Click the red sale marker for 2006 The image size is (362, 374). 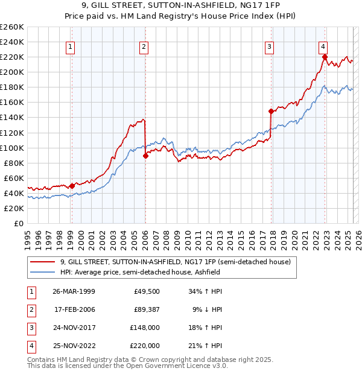[145, 156]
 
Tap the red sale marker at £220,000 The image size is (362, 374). [325, 57]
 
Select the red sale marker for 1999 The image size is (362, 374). [72, 186]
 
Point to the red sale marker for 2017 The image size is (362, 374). [271, 112]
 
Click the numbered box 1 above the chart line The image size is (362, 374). [71, 46]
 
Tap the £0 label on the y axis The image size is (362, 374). [18, 223]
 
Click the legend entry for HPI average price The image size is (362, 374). [139, 272]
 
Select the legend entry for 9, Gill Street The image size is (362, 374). [175, 262]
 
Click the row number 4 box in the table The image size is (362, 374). [30, 346]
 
